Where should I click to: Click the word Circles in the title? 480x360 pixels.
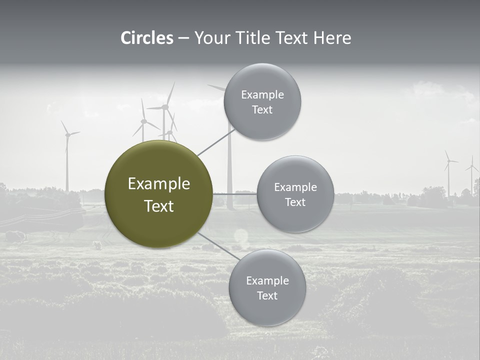147,38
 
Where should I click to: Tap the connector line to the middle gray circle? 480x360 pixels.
235,194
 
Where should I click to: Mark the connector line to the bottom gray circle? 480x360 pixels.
218,246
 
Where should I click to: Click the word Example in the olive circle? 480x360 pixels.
159,184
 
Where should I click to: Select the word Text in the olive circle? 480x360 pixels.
159,206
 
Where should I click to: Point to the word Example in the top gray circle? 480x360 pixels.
262,95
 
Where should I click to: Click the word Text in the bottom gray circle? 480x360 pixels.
267,295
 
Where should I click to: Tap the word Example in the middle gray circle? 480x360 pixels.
295,187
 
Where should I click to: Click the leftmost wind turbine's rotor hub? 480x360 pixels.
67,134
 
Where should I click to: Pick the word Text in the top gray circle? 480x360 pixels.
262,109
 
